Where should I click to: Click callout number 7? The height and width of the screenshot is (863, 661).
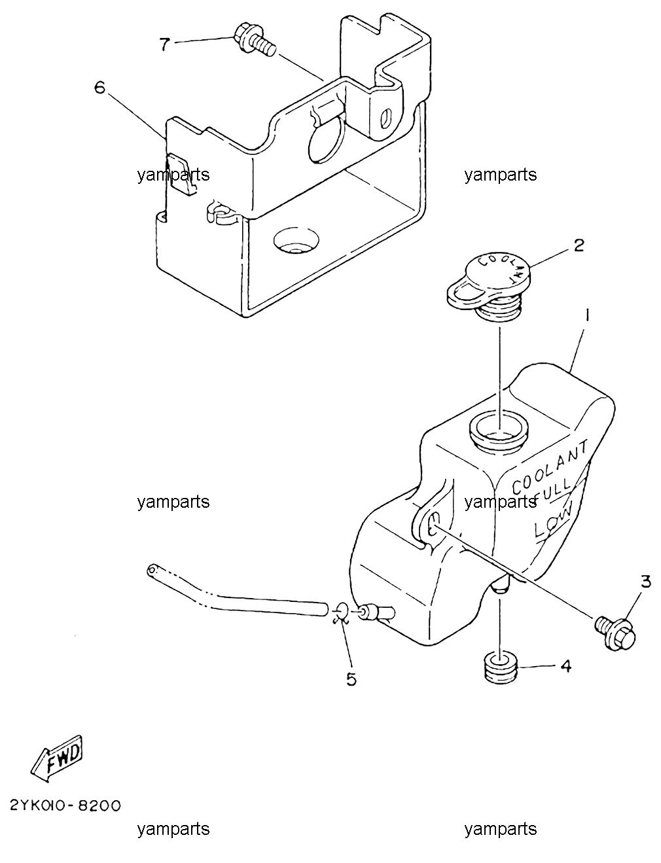(x=165, y=43)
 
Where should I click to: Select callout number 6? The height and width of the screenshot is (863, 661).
(x=99, y=87)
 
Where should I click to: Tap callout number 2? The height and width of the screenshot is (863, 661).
(x=579, y=245)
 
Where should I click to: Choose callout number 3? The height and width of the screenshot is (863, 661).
(x=646, y=582)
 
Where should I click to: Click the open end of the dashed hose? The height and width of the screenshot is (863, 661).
(x=152, y=571)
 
